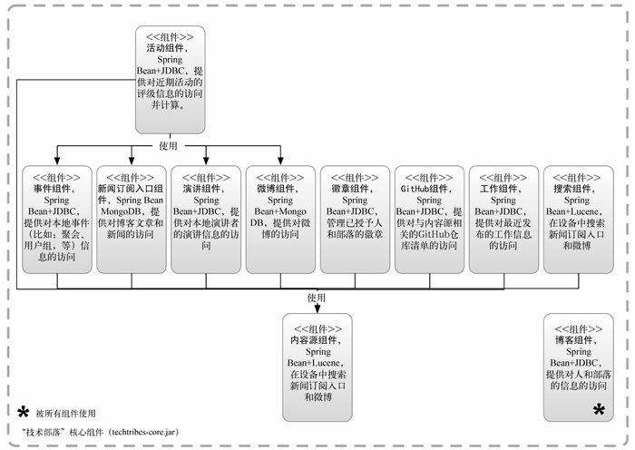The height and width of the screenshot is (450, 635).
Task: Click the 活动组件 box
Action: pyautogui.click(x=171, y=80)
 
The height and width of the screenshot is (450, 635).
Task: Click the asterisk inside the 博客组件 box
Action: pyautogui.click(x=599, y=410)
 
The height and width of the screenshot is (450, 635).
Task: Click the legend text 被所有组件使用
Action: pyautogui.click(x=65, y=414)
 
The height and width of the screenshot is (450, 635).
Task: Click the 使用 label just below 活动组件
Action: pyautogui.click(x=169, y=145)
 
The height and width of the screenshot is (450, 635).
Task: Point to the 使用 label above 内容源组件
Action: pyautogui.click(x=316, y=297)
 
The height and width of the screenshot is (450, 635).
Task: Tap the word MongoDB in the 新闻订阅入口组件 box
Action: pyautogui.click(x=118, y=211)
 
